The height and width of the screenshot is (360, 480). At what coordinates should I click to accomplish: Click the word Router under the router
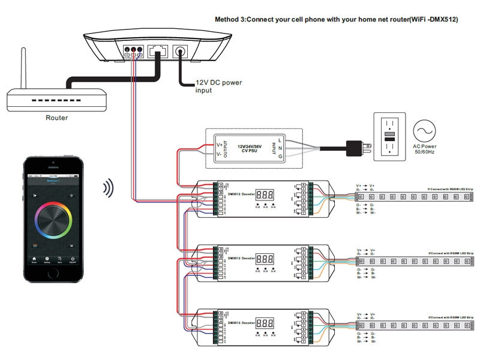(57, 118)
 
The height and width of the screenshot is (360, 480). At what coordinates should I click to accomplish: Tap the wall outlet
(391, 136)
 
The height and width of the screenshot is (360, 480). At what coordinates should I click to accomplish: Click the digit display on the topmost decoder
(265, 195)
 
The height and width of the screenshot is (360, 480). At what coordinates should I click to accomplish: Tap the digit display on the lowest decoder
(265, 322)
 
